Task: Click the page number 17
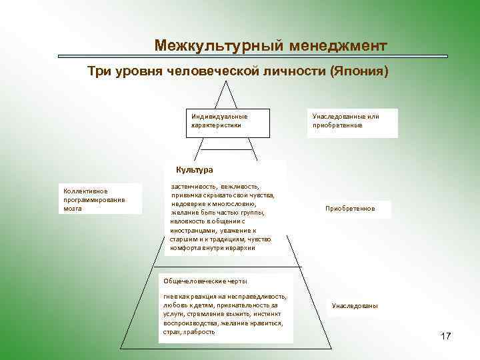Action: [446, 336]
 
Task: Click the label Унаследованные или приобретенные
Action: [351, 121]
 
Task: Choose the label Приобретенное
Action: [350, 209]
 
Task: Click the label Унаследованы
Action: [355, 306]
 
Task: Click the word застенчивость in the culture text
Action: [193, 187]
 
